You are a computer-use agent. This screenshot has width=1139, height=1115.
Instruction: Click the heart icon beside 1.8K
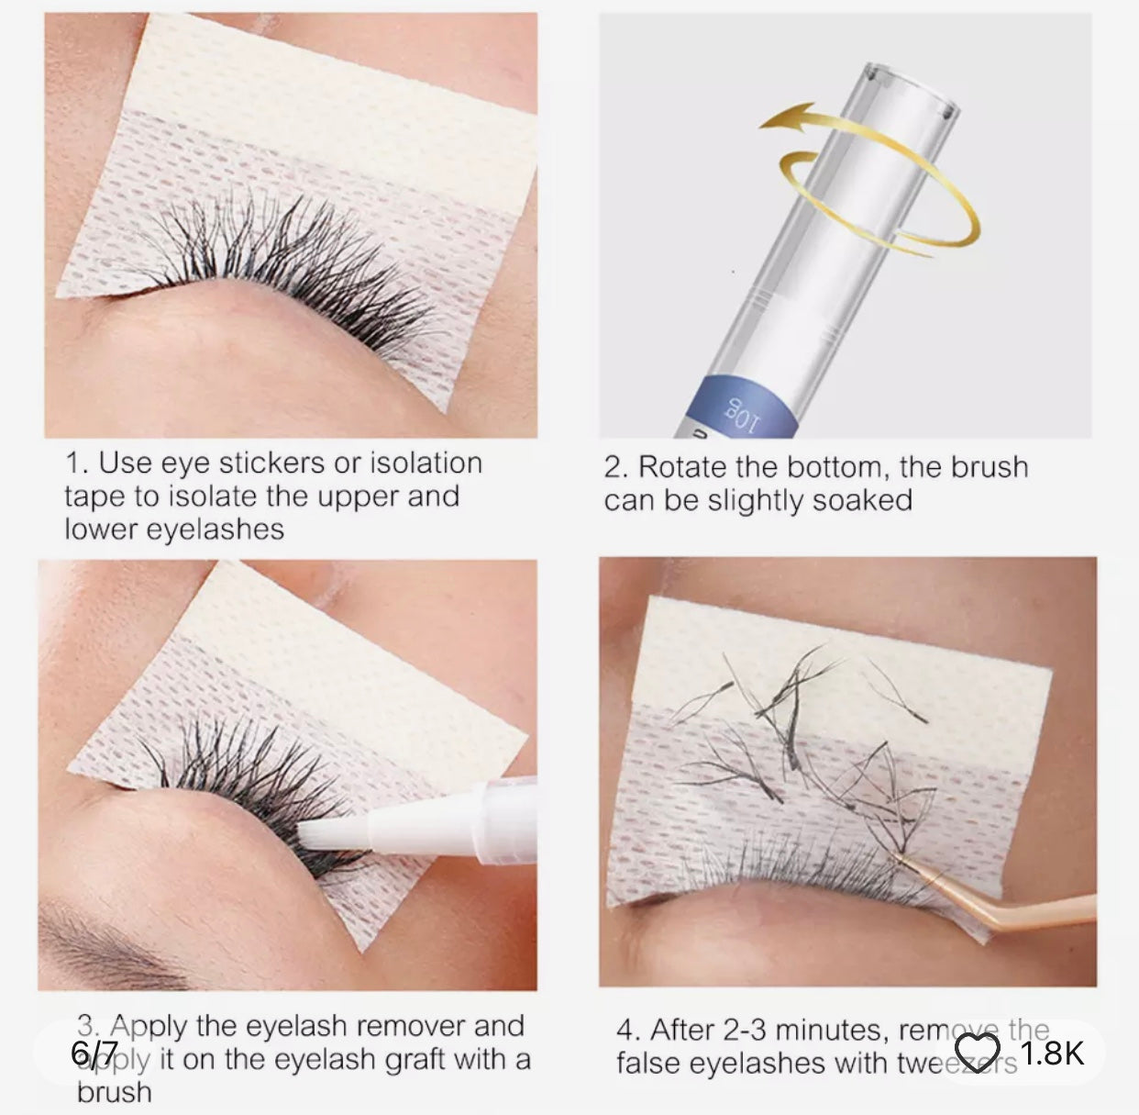pyautogui.click(x=977, y=1052)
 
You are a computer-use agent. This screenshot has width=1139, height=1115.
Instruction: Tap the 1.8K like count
pyautogui.click(x=1052, y=1053)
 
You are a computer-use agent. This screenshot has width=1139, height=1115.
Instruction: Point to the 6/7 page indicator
pyautogui.click(x=94, y=1053)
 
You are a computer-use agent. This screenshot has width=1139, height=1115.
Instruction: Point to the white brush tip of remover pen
pyautogui.click(x=315, y=831)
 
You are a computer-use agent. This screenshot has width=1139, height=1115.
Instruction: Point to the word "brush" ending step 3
pyautogui.click(x=114, y=1092)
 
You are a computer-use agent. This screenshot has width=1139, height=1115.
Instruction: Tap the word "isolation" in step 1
pyautogui.click(x=426, y=463)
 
